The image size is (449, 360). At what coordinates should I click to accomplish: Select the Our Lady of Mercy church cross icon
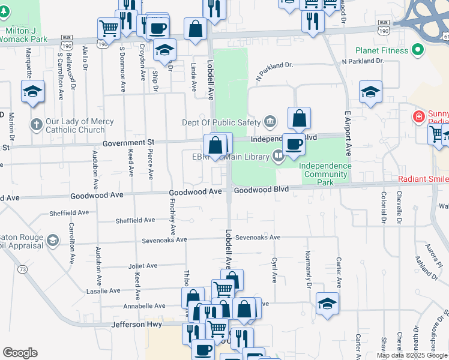pyautogui.click(x=36, y=125)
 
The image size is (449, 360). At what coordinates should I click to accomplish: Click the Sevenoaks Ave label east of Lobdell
pyautogui.click(x=258, y=238)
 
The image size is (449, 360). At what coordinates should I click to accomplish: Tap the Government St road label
pyautogui.click(x=128, y=142)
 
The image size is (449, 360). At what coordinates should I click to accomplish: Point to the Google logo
pyautogui.click(x=20, y=353)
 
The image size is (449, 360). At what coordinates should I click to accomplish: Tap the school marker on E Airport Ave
pyautogui.click(x=370, y=92)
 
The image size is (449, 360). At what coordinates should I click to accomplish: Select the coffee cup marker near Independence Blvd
pyautogui.click(x=293, y=144)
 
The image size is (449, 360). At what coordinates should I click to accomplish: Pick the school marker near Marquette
pyautogui.click(x=32, y=91)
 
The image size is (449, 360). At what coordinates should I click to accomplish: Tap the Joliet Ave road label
pyautogui.click(x=142, y=265)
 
